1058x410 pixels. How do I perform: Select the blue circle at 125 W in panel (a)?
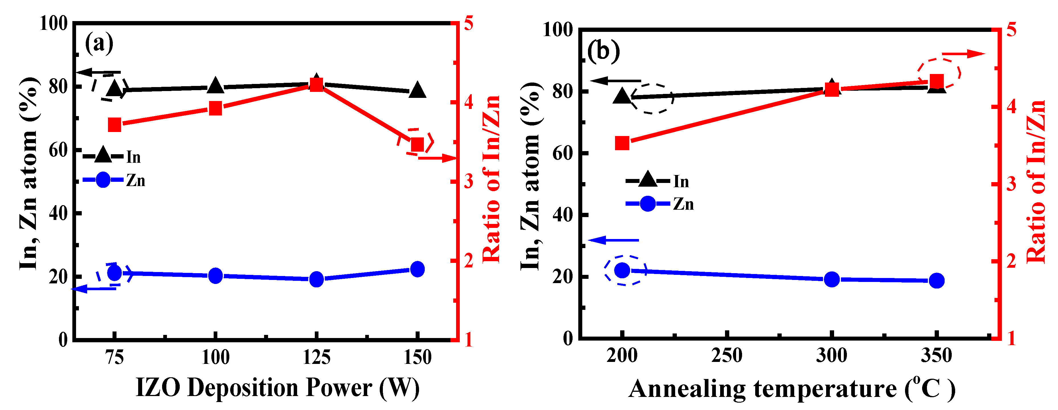[x=316, y=279]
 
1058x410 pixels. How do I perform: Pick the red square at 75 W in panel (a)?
[x=115, y=125]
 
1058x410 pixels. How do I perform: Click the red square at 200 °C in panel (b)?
[x=622, y=143]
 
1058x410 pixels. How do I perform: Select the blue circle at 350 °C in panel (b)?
[x=936, y=281]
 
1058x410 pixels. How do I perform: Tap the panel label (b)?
[x=603, y=52]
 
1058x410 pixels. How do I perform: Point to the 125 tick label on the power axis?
[x=316, y=357]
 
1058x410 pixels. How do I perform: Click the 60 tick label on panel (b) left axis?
[x=563, y=153]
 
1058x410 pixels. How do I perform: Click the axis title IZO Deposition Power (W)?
[x=278, y=388]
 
